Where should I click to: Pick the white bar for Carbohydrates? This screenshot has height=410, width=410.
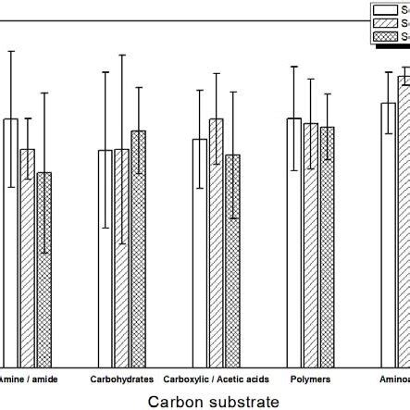pos(106,258)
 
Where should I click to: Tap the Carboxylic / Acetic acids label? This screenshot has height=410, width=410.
pos(216,379)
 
